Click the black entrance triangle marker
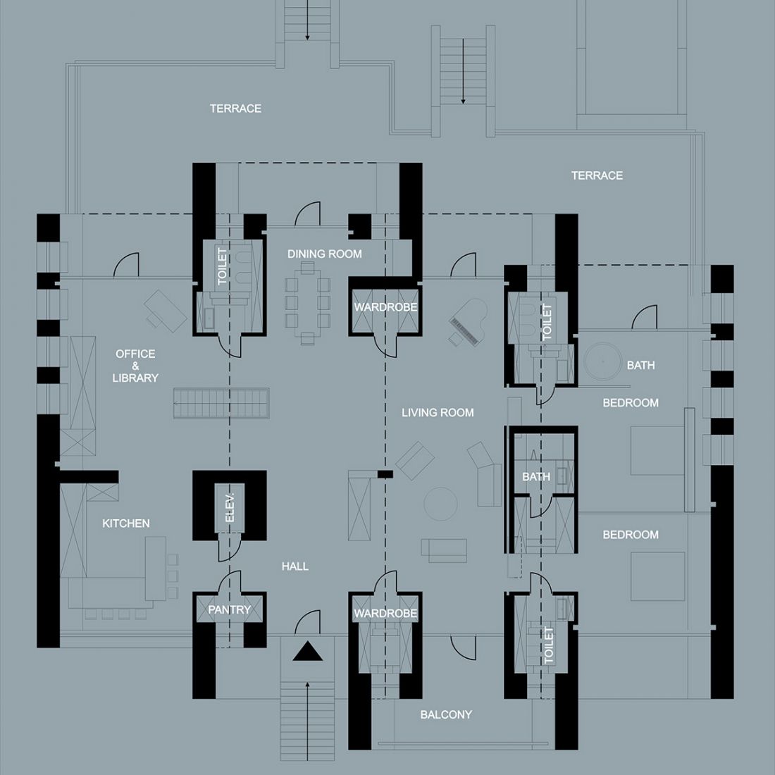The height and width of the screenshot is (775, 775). click(307, 652)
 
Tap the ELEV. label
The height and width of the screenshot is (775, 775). click(230, 507)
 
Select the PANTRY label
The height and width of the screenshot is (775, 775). click(230, 609)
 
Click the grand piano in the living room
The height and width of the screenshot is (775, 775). click(468, 322)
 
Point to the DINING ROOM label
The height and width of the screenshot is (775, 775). click(325, 254)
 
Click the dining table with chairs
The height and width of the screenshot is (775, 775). click(307, 303)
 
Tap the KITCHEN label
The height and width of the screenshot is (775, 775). click(126, 523)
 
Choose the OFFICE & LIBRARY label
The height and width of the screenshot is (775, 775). click(135, 366)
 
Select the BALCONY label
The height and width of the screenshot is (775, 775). click(446, 714)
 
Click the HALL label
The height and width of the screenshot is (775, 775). click(295, 566)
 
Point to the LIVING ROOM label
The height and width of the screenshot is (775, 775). click(438, 413)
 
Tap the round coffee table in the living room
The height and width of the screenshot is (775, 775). click(440, 504)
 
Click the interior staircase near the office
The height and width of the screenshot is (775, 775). click(221, 403)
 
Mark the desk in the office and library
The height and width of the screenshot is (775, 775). click(166, 311)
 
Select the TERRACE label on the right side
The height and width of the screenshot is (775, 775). click(597, 175)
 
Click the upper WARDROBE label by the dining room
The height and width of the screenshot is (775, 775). click(385, 307)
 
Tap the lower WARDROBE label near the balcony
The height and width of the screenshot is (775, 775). click(385, 614)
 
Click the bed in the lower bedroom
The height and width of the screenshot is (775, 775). click(658, 576)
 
